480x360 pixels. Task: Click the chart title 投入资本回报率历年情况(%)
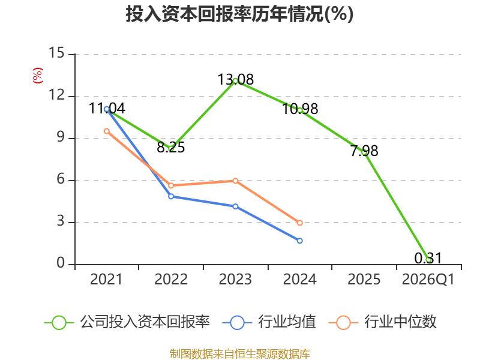(239, 14)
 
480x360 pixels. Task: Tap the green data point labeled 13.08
(235, 81)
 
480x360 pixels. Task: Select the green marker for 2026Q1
(429, 260)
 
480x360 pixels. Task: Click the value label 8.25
(171, 147)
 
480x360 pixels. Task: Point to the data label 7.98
(364, 151)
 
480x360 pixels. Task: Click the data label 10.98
(300, 109)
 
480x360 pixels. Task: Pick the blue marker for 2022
(171, 196)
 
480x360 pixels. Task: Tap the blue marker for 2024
(300, 241)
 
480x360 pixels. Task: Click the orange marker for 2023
(235, 181)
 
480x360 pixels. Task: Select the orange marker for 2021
(107, 131)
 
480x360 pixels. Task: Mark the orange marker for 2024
(300, 223)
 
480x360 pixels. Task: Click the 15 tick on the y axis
(56, 53)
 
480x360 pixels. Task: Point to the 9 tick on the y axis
(61, 137)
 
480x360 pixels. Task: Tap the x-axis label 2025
(364, 279)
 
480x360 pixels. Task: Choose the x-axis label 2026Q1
(428, 279)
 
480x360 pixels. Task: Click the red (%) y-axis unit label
(38, 76)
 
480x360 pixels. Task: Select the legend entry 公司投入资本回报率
(127, 322)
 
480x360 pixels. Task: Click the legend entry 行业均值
(269, 322)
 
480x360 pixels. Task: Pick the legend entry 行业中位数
(382, 322)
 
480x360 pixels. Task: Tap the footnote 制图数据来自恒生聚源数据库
(240, 353)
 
